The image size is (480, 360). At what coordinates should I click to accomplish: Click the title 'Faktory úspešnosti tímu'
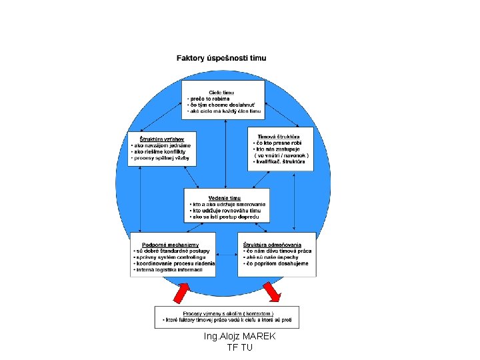230,58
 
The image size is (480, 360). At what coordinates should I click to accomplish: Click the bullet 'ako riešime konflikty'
161,151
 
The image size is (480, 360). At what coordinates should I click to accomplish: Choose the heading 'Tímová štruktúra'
279,137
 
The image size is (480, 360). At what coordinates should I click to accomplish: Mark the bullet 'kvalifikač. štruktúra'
281,161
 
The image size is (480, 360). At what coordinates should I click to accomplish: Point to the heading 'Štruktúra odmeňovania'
272,245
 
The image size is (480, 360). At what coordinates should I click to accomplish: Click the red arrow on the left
181,292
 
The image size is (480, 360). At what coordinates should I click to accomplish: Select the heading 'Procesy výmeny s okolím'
227,313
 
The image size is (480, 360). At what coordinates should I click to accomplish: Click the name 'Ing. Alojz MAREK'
240,337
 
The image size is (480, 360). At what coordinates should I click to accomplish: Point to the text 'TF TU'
240,347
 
